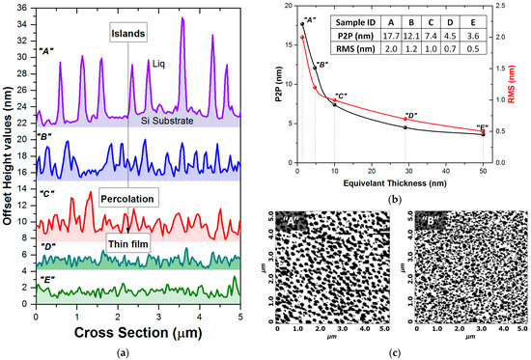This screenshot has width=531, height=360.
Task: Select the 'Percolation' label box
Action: pyautogui.click(x=126, y=200)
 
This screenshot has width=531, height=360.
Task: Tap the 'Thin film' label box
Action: pyautogui.click(x=127, y=243)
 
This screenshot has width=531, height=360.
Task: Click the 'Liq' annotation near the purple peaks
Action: pyautogui.click(x=160, y=65)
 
